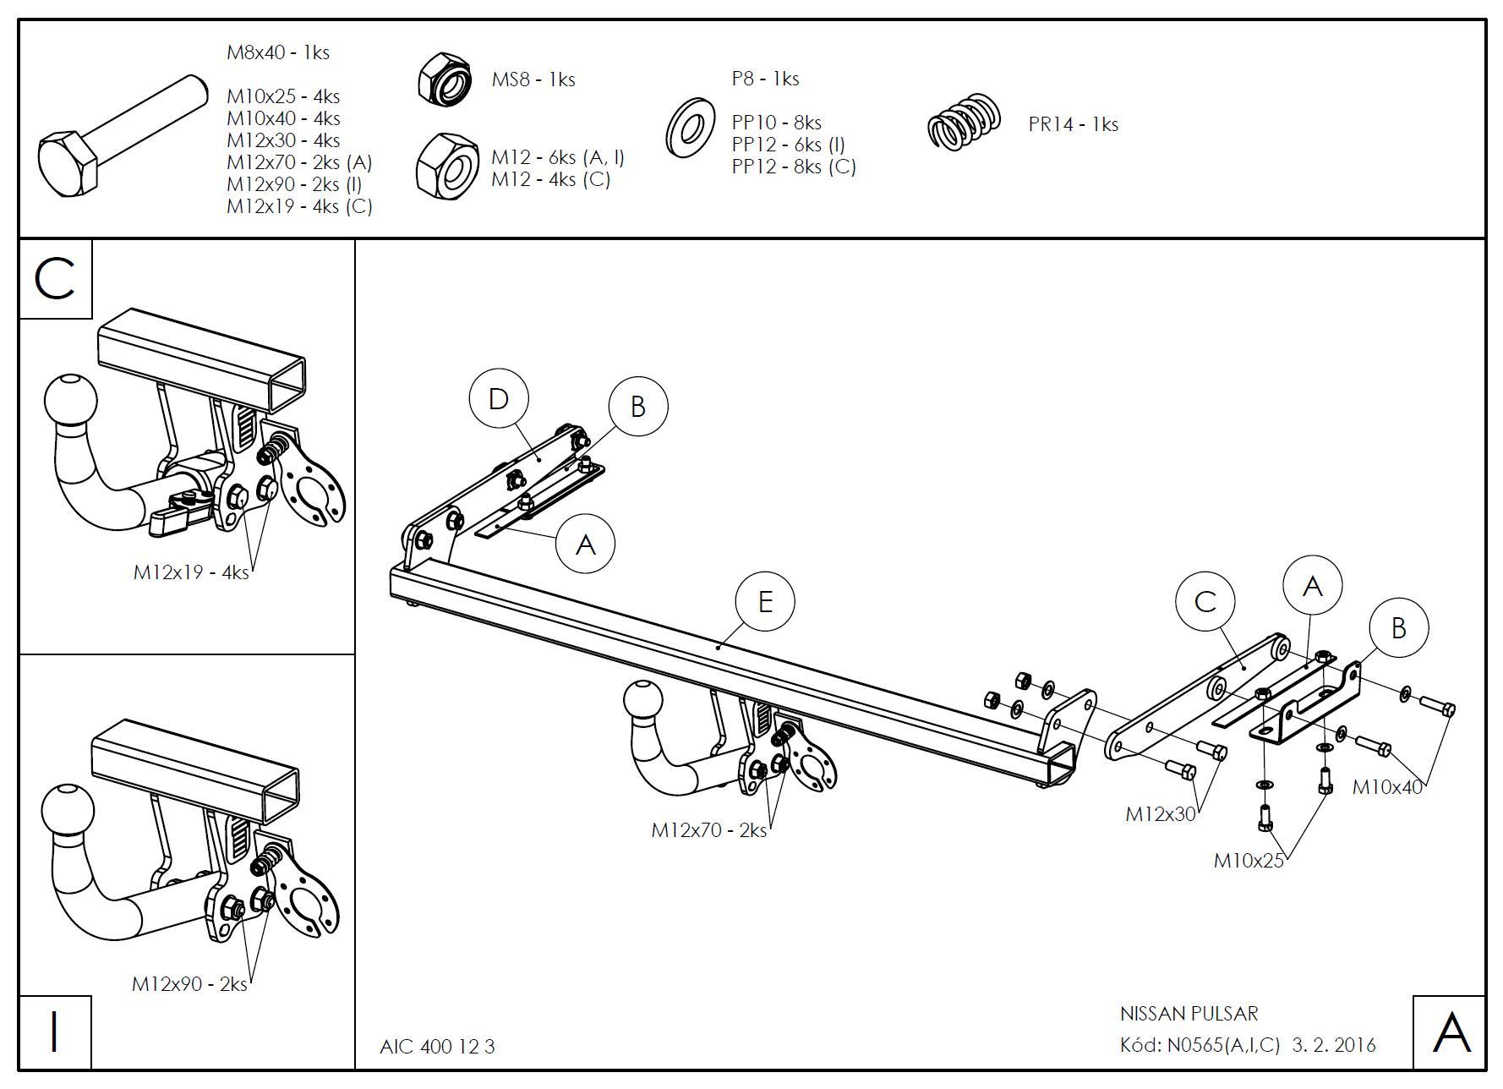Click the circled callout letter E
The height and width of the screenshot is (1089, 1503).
(765, 602)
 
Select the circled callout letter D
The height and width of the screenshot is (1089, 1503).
(499, 399)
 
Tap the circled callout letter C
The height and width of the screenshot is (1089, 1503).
(1205, 601)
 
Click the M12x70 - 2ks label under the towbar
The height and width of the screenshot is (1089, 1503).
(708, 830)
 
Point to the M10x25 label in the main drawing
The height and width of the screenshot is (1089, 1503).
(1249, 861)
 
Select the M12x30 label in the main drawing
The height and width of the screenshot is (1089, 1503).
(1161, 813)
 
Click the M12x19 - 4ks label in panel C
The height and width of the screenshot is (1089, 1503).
(191, 572)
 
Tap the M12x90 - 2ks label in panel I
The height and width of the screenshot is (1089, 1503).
(189, 984)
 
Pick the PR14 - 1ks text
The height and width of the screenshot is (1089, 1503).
(1073, 124)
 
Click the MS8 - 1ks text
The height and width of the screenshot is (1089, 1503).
(533, 79)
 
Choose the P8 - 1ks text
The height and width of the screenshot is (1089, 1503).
(765, 79)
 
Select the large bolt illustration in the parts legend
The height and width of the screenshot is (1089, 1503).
(123, 136)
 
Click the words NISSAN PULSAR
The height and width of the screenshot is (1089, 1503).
(1189, 1013)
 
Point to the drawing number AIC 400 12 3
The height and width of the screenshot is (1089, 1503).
(437, 1047)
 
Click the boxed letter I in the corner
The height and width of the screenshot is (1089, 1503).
(55, 1032)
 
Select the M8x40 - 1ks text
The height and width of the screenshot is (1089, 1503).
(278, 52)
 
